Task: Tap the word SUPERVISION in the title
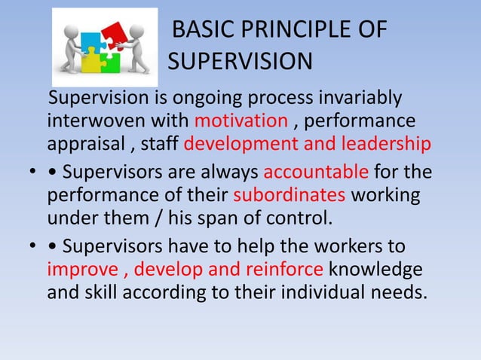[x=238, y=61]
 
